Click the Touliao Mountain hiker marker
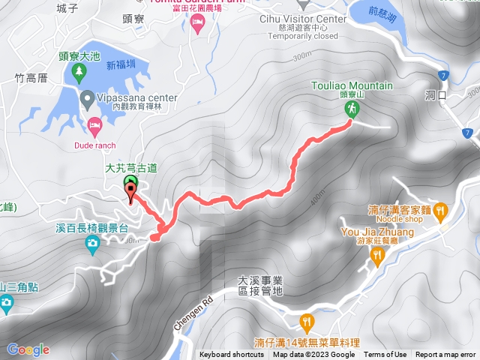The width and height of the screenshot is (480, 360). [x=350, y=110]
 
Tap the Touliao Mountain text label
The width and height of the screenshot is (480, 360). [x=350, y=85]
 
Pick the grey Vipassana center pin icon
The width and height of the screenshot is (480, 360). [x=88, y=98]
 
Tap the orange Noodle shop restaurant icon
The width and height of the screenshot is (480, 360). [x=442, y=211]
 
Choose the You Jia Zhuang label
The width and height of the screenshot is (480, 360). [x=377, y=232]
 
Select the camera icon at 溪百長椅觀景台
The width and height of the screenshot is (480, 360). [x=91, y=242]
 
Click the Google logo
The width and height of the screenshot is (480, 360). [x=28, y=349]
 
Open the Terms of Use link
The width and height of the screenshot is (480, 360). [x=385, y=355]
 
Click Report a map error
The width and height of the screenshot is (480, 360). [x=445, y=355]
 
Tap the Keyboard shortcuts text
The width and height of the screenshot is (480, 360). [x=231, y=355]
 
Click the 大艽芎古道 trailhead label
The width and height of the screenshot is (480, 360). [x=130, y=169]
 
